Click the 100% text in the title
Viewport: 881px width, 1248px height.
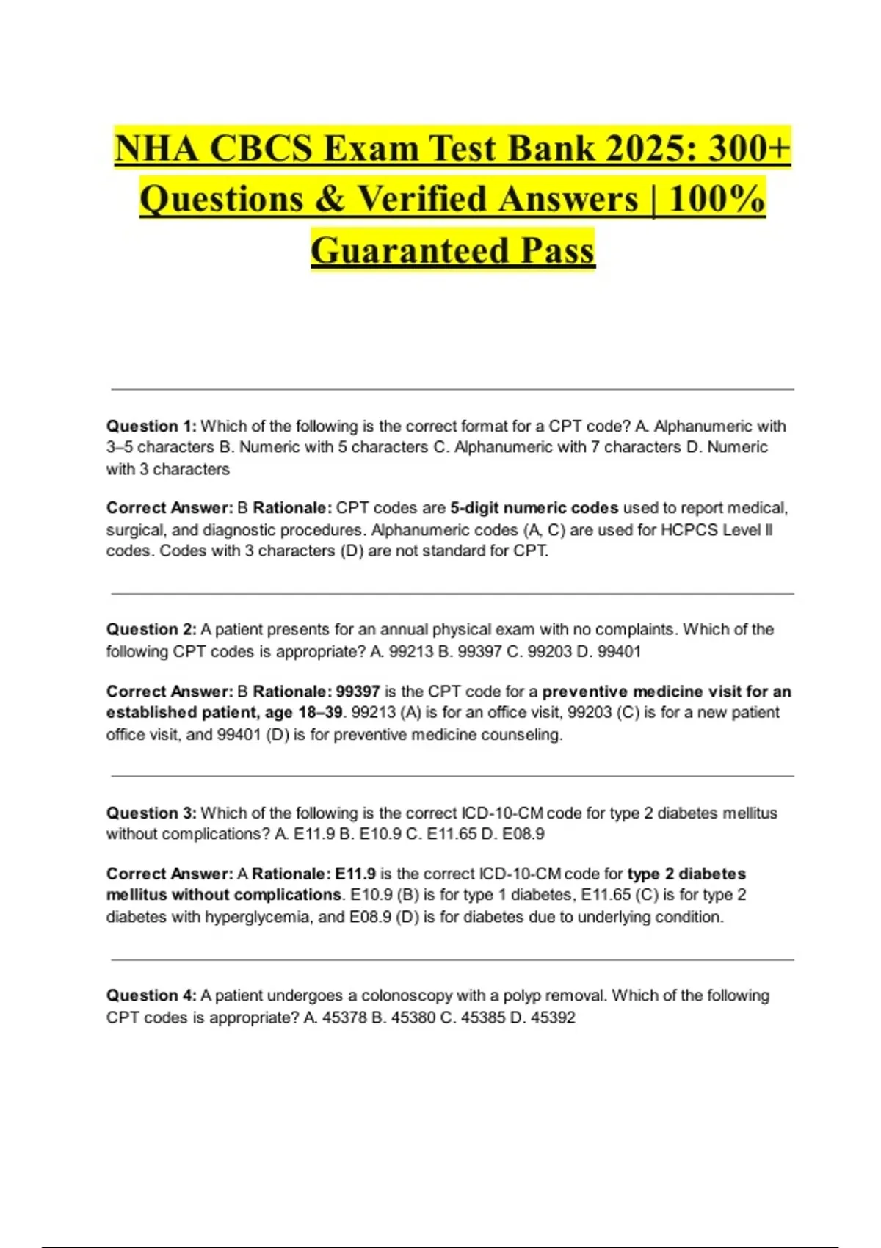click(717, 199)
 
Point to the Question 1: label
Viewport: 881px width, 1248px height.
click(151, 426)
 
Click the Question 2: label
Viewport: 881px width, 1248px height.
click(151, 629)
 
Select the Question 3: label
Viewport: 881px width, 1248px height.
click(151, 813)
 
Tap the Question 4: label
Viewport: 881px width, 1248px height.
click(151, 995)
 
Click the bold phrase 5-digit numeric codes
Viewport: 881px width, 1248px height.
click(534, 508)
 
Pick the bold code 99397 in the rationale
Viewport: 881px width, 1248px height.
click(358, 692)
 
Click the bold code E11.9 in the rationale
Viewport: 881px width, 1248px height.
click(355, 874)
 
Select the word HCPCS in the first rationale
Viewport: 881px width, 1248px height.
click(689, 529)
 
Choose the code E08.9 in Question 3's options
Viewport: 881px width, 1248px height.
click(523, 834)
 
